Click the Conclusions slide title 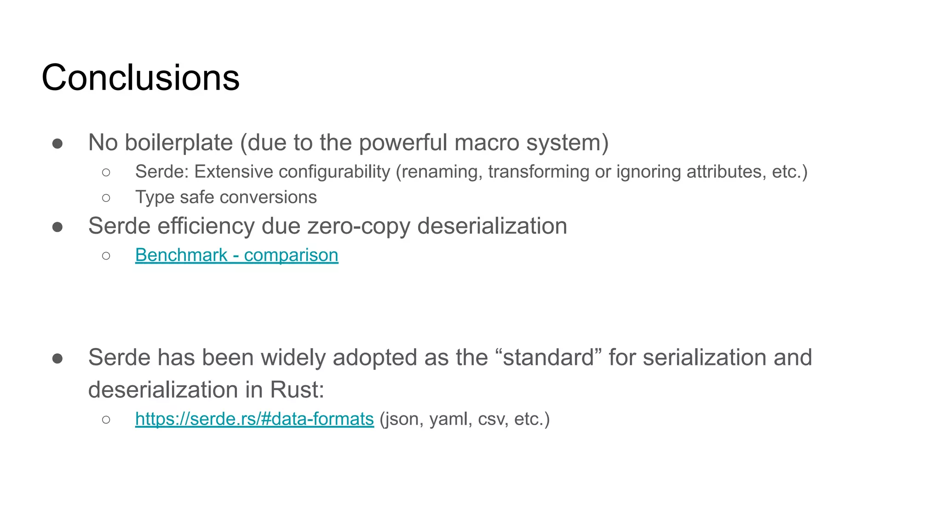[x=140, y=77]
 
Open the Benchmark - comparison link [x=236, y=255]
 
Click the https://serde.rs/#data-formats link [x=254, y=419]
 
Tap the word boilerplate [x=179, y=143]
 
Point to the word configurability [x=334, y=172]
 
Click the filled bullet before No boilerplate [x=57, y=144]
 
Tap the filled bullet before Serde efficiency [x=57, y=227]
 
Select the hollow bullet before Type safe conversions [x=106, y=198]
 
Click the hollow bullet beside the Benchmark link [x=106, y=256]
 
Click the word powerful [x=403, y=143]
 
